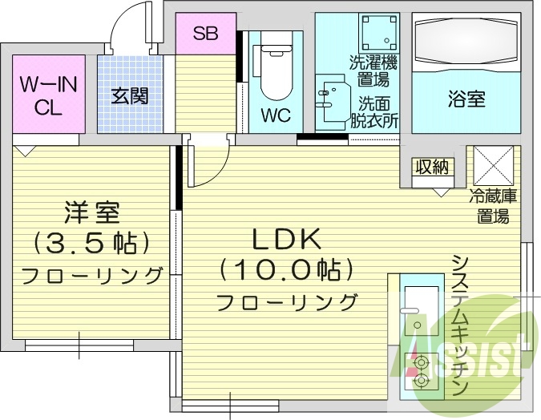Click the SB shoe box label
(x=205, y=33)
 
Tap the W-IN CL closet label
(x=48, y=95)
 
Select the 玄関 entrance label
(x=130, y=95)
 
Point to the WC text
(x=276, y=115)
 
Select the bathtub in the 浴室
(x=466, y=42)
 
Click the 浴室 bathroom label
(x=466, y=99)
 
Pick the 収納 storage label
(x=432, y=168)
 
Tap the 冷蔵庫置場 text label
(x=493, y=207)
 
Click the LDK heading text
(x=287, y=239)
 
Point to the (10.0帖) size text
(x=287, y=269)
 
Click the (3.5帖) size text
(x=92, y=243)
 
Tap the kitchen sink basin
(x=422, y=311)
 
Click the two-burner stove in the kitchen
(x=422, y=372)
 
